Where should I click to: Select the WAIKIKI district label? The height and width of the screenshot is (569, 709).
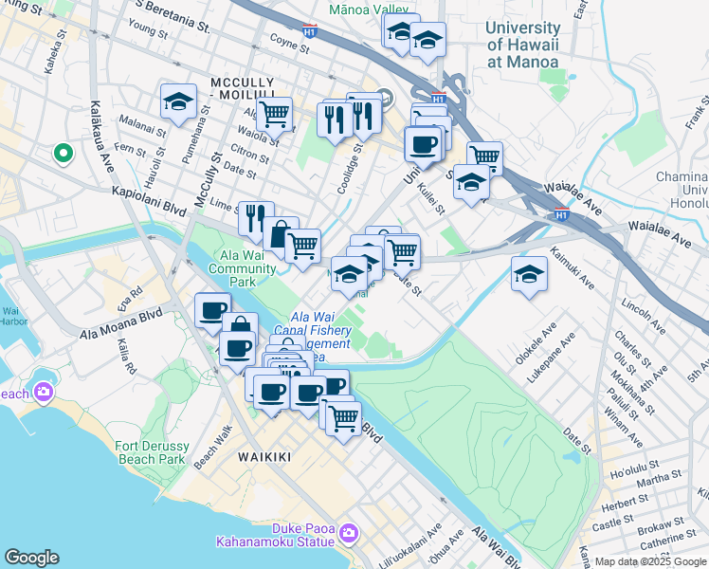pyautogui.click(x=264, y=457)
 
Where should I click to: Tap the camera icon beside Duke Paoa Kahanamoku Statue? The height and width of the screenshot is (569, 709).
pyautogui.click(x=350, y=535)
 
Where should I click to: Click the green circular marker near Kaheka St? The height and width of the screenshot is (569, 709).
pyautogui.click(x=63, y=153)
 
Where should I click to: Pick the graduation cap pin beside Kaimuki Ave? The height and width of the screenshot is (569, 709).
pyautogui.click(x=529, y=274)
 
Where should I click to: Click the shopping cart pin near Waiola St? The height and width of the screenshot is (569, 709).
pyautogui.click(x=274, y=114)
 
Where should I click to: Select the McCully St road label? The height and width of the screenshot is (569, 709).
pyautogui.click(x=209, y=175)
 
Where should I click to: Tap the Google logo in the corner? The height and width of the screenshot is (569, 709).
pyautogui.click(x=31, y=558)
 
